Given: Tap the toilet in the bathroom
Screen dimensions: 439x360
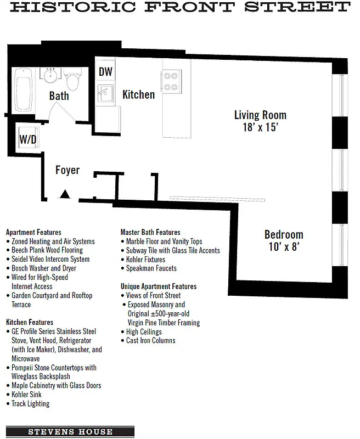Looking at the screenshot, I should [x=72, y=80].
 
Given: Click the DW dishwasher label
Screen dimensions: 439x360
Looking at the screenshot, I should [x=105, y=72].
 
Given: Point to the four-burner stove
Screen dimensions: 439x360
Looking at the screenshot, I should [x=171, y=81].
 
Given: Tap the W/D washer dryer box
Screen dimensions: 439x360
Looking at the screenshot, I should [x=28, y=139].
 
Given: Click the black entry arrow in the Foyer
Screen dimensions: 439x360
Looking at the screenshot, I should [x=65, y=194].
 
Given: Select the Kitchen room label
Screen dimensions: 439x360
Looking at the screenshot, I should [x=138, y=94].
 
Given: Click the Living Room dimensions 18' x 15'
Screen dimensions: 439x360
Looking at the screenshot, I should [x=260, y=127].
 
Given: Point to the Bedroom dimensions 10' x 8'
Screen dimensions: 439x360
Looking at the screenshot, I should [x=284, y=246].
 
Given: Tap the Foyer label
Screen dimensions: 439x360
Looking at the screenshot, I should [x=67, y=170].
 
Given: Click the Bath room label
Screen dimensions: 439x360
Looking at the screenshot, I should [x=59, y=96].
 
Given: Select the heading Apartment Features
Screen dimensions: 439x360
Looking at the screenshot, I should [x=33, y=232].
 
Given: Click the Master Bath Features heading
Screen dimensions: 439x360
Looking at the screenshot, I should [x=150, y=232].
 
